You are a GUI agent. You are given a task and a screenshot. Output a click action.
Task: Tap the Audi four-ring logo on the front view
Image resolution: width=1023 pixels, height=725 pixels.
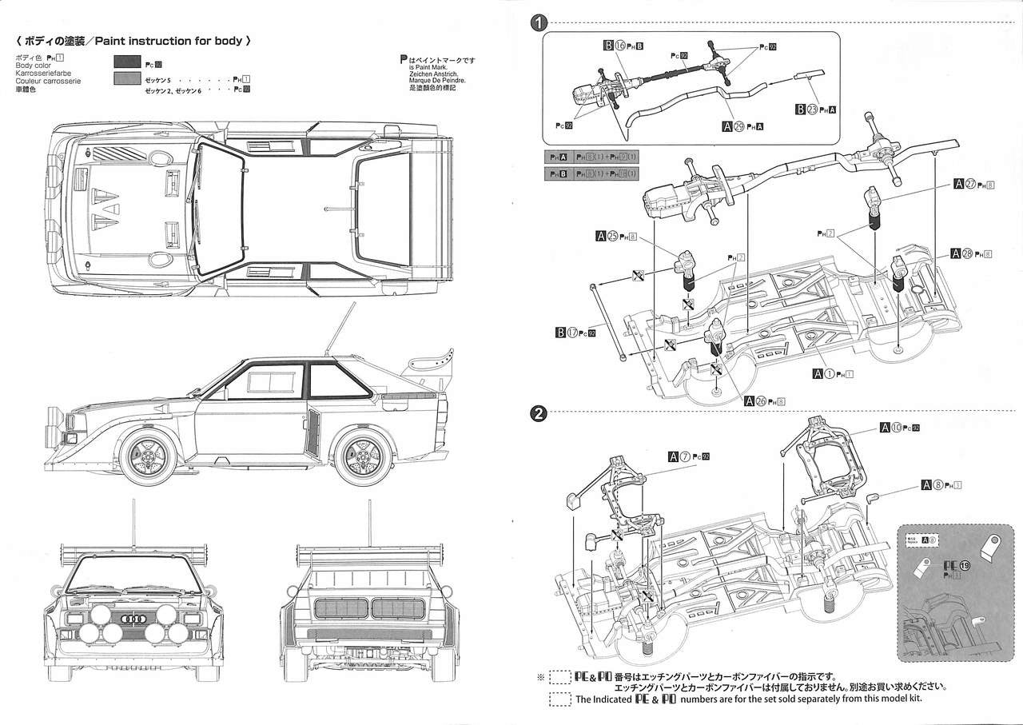click(x=133, y=619)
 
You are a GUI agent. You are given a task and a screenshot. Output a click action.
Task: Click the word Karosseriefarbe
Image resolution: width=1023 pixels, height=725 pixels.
click(x=42, y=74)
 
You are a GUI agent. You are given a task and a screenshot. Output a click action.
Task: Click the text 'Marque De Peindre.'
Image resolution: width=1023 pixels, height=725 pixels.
click(x=436, y=80)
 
